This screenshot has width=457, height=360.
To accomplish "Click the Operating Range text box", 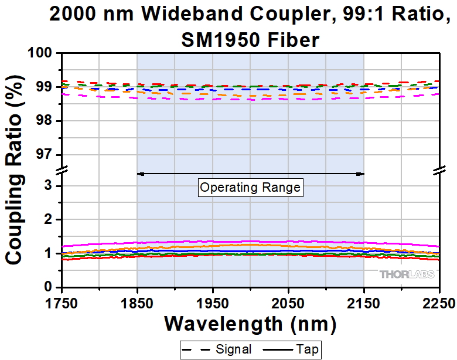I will click(250, 188).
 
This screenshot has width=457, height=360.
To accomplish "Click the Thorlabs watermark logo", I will click(406, 274).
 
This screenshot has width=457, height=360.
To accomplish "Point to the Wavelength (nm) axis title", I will click(250, 323).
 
